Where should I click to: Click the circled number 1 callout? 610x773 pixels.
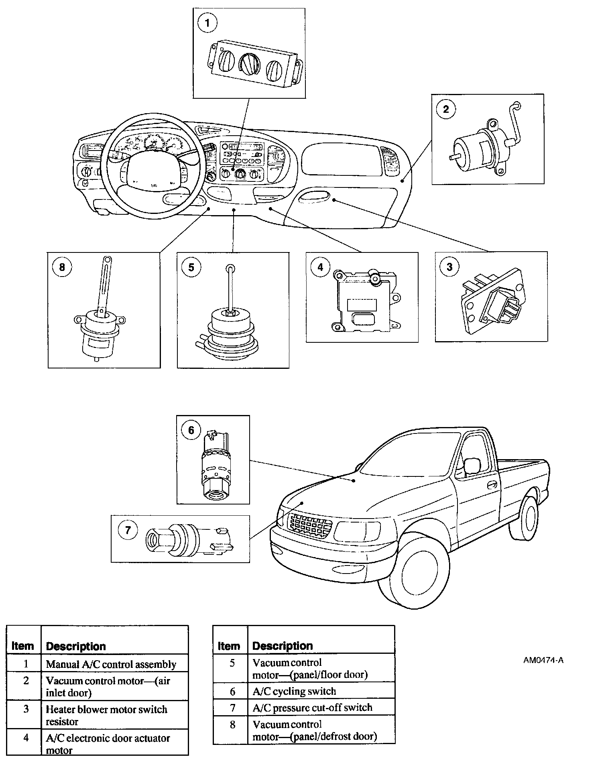(207, 23)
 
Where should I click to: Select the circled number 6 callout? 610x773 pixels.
(191, 430)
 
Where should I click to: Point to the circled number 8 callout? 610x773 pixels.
(62, 266)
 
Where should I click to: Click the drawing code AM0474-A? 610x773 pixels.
(543, 660)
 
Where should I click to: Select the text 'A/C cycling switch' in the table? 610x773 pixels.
(294, 691)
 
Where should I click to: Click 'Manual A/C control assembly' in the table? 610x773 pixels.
(111, 664)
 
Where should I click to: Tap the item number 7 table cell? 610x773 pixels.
(232, 708)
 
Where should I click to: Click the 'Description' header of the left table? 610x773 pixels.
(76, 646)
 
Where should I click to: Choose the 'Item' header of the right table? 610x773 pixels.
(229, 646)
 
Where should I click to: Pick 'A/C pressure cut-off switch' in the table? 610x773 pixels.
(312, 708)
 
